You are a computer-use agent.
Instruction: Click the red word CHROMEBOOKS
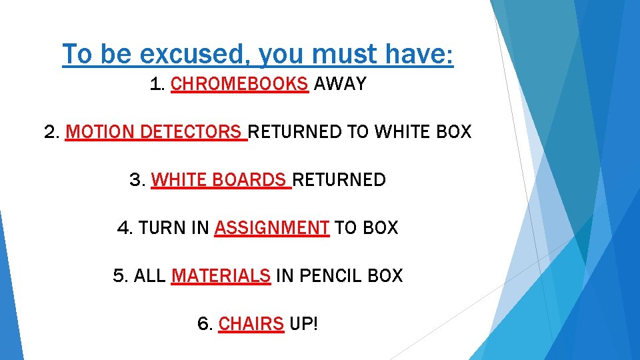(239, 84)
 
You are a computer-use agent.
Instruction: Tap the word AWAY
(340, 84)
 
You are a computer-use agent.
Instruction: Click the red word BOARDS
(255, 180)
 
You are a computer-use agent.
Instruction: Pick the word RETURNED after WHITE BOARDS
(339, 180)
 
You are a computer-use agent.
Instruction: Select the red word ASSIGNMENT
(271, 228)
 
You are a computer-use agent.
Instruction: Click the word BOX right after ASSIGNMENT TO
(381, 228)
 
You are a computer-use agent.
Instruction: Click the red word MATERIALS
(221, 276)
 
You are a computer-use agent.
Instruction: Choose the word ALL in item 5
(150, 276)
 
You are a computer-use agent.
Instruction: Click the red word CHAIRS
(251, 324)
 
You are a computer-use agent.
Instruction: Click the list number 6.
(205, 324)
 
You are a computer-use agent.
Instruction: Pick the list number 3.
(137, 180)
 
